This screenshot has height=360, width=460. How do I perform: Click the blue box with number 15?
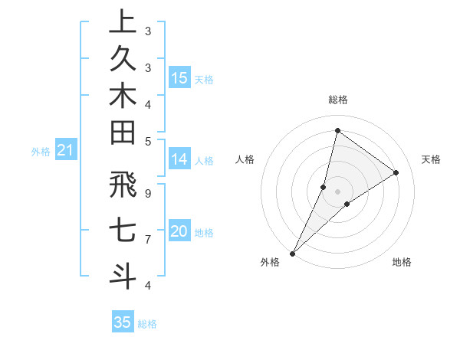click(x=179, y=78)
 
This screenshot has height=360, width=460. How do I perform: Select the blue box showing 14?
click(x=179, y=159)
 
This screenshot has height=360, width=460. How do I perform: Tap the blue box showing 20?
click(x=179, y=231)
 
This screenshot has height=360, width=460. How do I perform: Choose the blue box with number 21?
click(x=65, y=151)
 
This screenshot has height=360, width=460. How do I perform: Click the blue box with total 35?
click(x=123, y=322)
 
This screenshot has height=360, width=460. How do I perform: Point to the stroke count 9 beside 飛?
click(x=147, y=194)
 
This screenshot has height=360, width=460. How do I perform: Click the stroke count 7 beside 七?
click(x=147, y=240)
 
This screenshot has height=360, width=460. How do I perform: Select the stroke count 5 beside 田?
click(x=147, y=142)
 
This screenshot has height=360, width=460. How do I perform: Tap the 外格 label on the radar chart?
click(x=270, y=263)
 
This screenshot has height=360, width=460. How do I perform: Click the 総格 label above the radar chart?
click(x=338, y=100)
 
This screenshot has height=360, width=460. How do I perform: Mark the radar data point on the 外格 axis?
click(x=293, y=253)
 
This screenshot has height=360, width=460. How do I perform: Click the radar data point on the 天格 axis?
click(x=396, y=172)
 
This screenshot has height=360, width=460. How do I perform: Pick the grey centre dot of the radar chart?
click(x=337, y=191)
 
